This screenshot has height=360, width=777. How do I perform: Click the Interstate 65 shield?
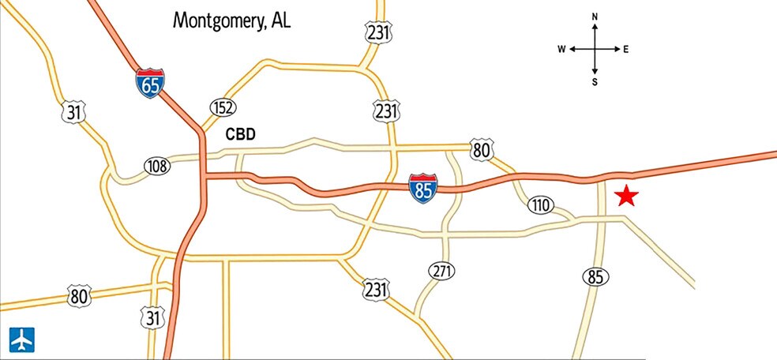coord(150,83)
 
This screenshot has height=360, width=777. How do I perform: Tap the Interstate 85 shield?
coord(422,189)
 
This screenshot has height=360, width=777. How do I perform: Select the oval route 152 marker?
coord(223,107)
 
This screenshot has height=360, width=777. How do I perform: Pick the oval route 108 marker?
coord(157,165)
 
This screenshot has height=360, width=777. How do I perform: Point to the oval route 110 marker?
coord(540,206)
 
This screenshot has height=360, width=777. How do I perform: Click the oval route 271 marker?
coord(442,271)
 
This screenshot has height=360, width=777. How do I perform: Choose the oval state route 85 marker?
coord(595,276)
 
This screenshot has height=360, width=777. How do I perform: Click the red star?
coord(626,196)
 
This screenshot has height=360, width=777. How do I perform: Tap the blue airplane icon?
coord(21,339)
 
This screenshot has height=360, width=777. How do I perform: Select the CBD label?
coord(241,134)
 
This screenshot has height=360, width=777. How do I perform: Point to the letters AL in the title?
coord(280,21)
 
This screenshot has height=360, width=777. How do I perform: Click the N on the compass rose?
coord(595,17)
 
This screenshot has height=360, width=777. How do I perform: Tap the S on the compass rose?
coord(595,81)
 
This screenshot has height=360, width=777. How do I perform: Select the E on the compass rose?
coord(625,49)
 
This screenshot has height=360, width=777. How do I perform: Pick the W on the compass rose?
coord(561,49)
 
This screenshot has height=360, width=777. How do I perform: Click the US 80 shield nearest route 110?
coord(481,149)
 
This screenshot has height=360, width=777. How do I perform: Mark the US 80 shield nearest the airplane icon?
coord(78,296)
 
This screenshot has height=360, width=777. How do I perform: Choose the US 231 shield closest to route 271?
coord(376,289)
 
